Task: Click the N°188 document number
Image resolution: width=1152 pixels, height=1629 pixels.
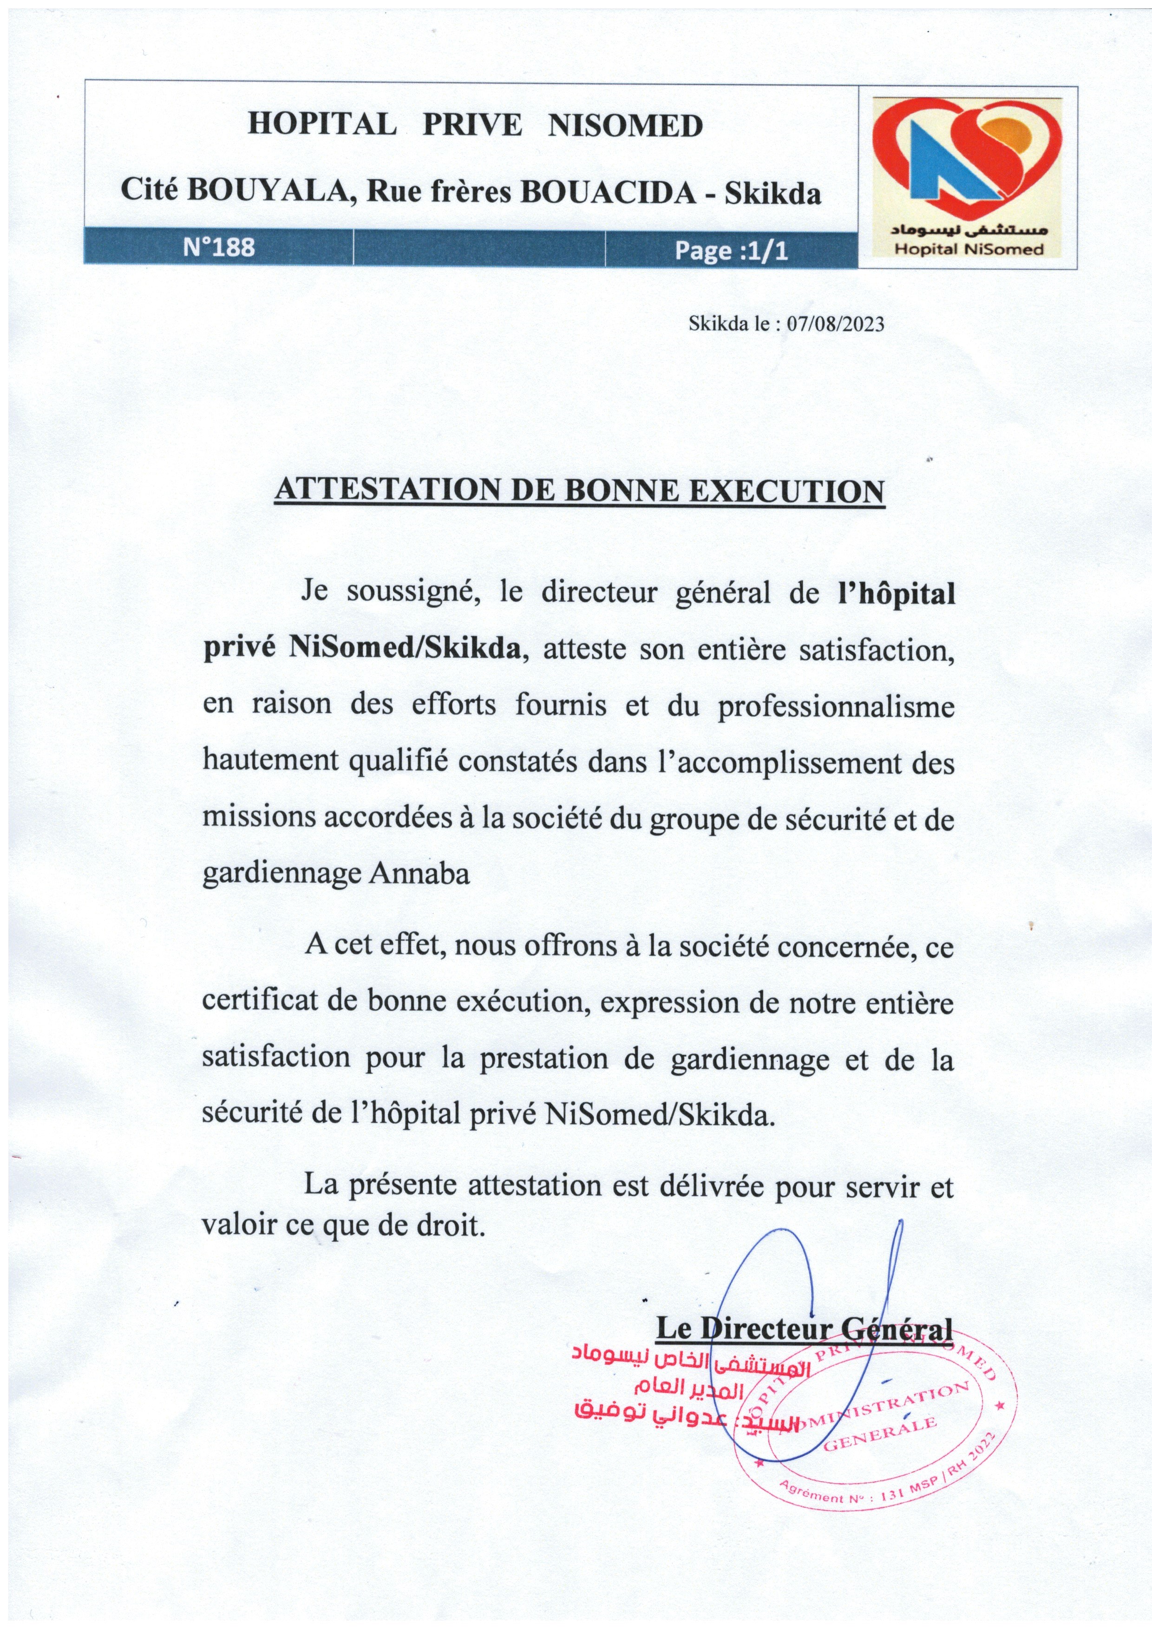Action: (219, 247)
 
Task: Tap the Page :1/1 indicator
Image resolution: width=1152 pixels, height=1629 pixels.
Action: (731, 250)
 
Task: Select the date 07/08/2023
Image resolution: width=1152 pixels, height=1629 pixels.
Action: (835, 324)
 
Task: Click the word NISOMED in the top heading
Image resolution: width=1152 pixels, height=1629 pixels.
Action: (625, 125)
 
